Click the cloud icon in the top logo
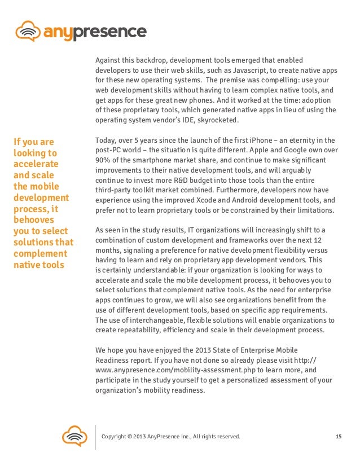28,30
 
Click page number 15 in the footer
339,437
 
